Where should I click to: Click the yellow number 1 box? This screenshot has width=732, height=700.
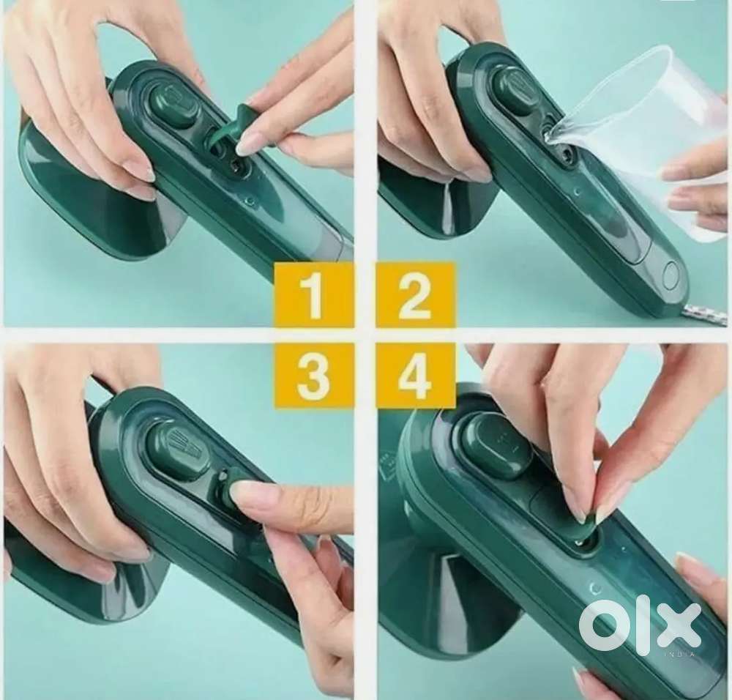pos(313,294)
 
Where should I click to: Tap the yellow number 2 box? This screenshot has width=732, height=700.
pos(416,294)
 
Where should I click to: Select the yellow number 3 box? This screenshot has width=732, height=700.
pos(313,376)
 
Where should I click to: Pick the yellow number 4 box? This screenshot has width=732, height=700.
pos(416,376)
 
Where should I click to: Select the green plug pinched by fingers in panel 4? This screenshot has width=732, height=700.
pos(587,523)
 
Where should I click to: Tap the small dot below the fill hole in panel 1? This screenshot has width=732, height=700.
pos(251,202)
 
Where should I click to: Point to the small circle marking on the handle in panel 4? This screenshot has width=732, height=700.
pos(595,588)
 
